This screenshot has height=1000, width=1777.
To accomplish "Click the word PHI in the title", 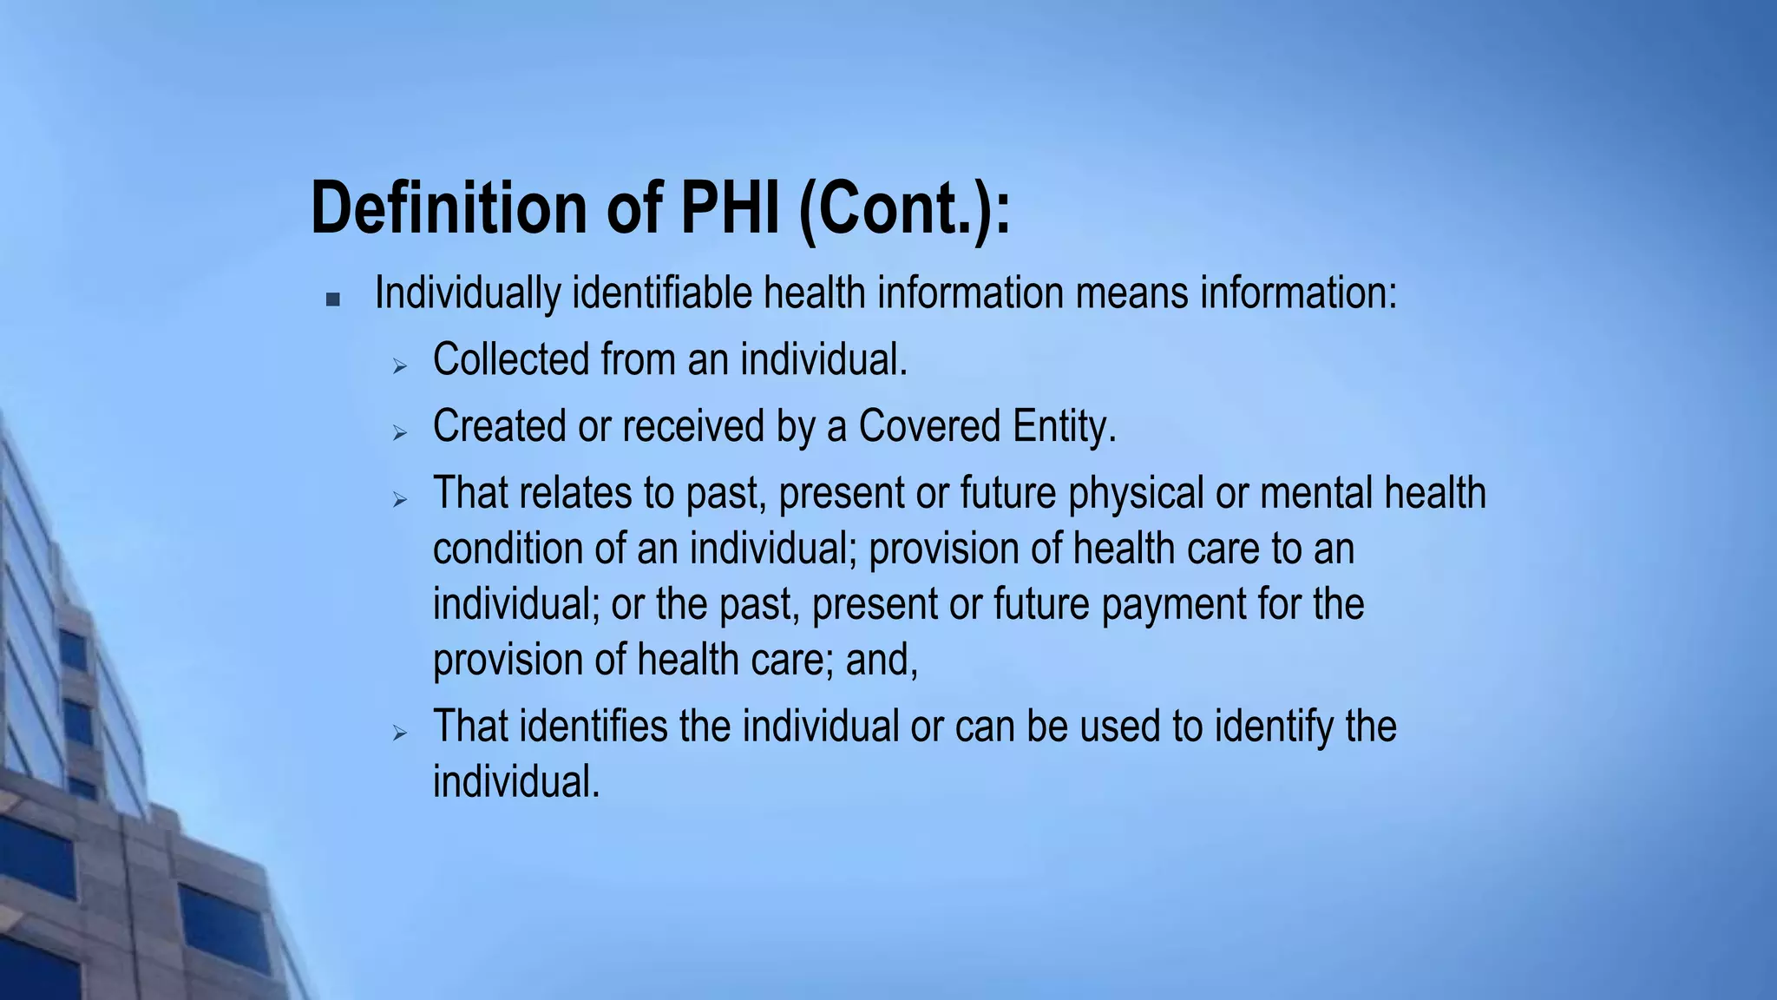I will (730, 207).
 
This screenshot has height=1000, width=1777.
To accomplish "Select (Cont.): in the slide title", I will (904, 209).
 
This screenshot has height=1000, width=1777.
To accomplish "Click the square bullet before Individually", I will (332, 299).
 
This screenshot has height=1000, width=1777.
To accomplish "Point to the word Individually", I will (467, 293).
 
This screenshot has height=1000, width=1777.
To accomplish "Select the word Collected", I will (510, 359).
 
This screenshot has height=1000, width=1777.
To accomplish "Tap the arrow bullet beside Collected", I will (399, 366).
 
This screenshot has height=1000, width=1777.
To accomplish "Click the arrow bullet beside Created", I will (399, 432).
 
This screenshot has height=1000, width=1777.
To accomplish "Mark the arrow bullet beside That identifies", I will (399, 734).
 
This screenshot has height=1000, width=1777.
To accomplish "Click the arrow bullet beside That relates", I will (399, 499).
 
